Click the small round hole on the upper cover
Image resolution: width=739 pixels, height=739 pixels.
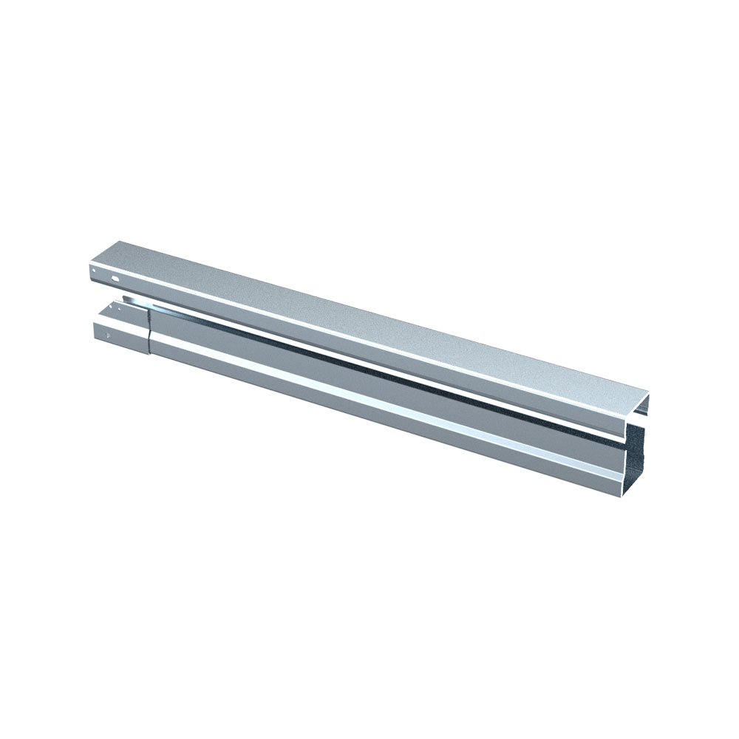(95, 271)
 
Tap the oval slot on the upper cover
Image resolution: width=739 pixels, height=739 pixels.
(116, 279)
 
